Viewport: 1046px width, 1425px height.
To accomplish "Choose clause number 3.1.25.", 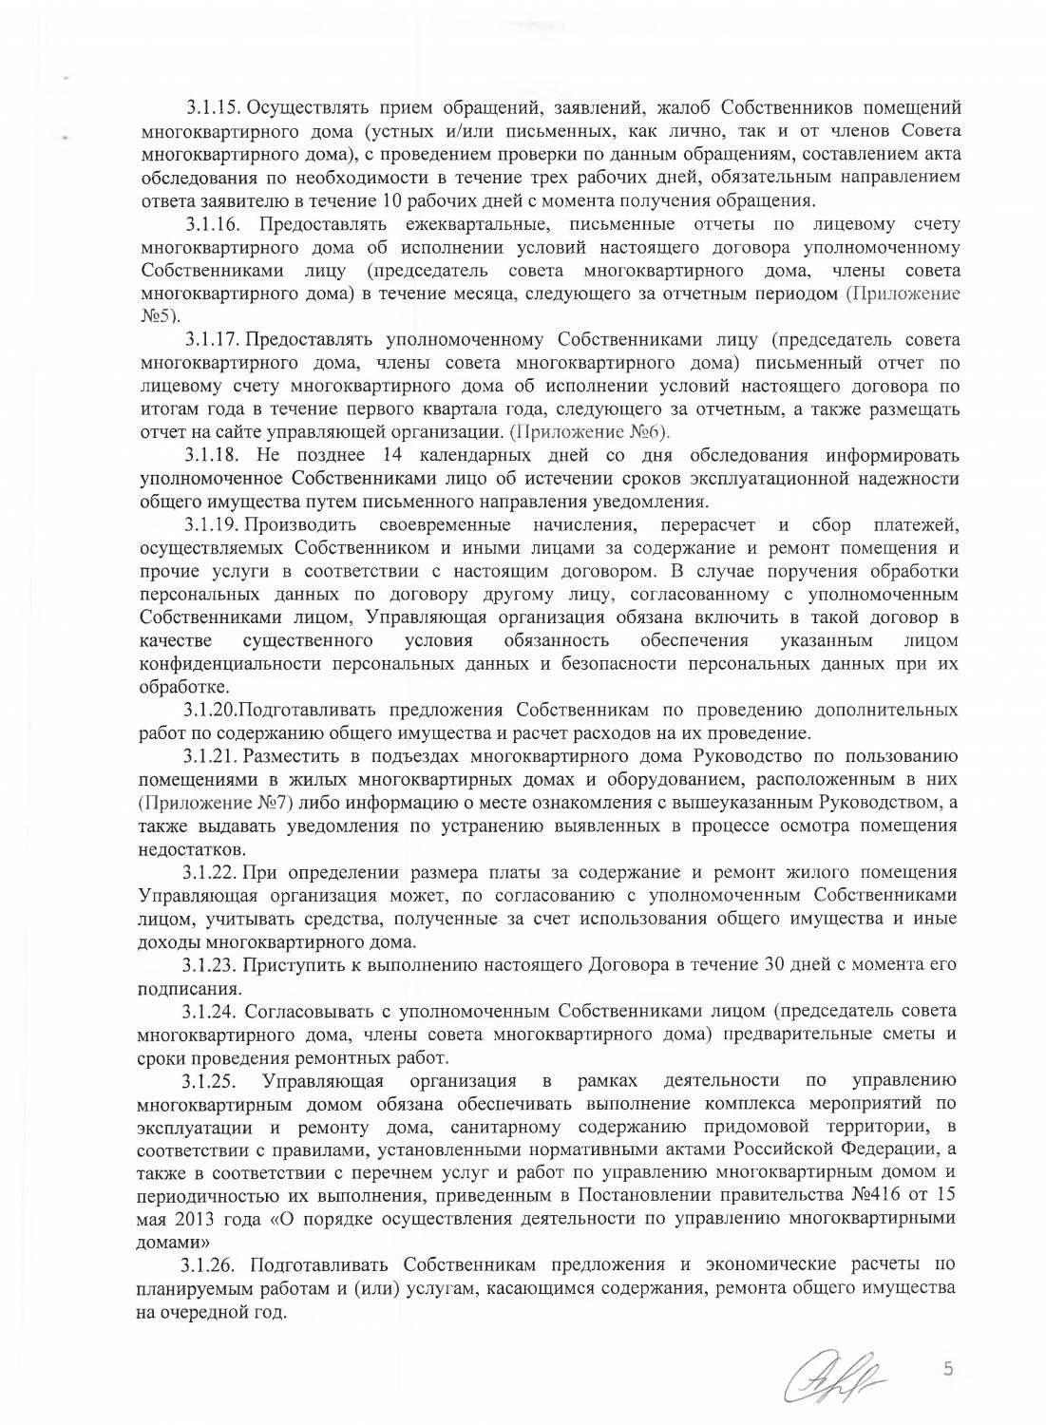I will tap(211, 1081).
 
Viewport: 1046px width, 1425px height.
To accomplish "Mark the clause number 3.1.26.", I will tap(213, 1265).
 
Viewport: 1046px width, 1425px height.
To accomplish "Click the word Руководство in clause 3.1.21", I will tap(748, 756).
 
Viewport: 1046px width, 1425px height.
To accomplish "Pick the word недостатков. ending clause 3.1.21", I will tap(192, 849).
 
